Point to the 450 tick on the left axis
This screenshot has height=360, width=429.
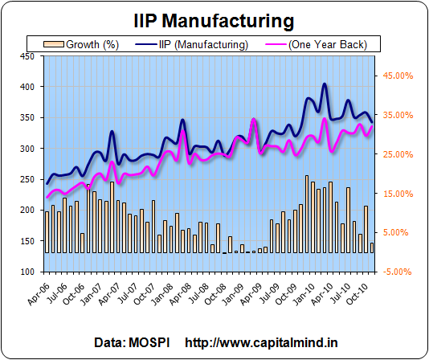pyautogui.click(x=27, y=56)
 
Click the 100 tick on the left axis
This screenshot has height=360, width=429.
pyautogui.click(x=27, y=272)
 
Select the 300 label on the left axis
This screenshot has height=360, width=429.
pyautogui.click(x=27, y=149)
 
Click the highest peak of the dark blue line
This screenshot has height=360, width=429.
pyautogui.click(x=325, y=84)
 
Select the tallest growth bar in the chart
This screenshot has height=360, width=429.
pyautogui.click(x=307, y=214)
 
